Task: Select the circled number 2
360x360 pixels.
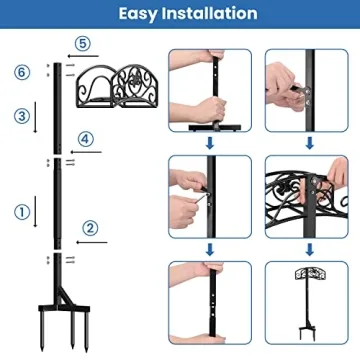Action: click(89, 228)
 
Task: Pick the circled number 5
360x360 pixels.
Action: click(83, 42)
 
